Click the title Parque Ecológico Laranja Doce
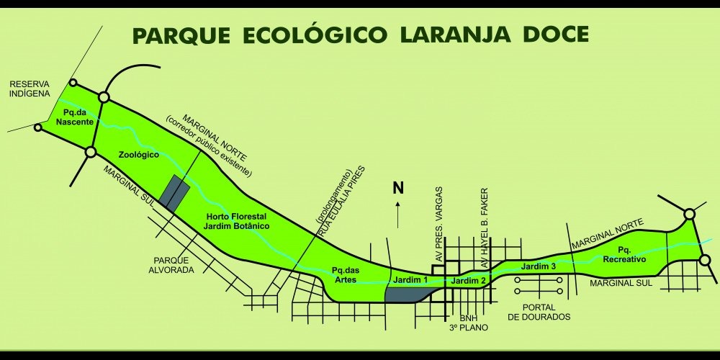click(x=360, y=35)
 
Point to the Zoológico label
click(x=138, y=155)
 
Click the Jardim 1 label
click(x=410, y=279)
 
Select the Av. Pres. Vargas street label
click(x=438, y=223)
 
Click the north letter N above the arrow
click(x=397, y=189)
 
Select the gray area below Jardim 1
click(x=407, y=293)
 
